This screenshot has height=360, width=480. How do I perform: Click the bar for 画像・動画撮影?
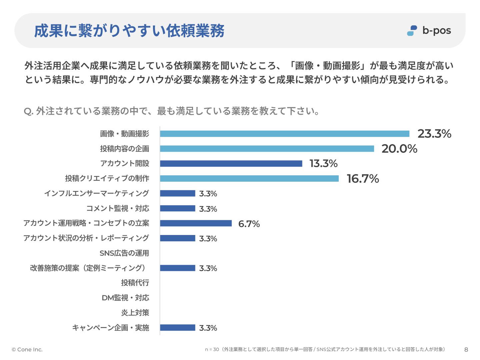pos(284,134)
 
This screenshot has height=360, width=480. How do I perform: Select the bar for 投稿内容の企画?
pos(267,149)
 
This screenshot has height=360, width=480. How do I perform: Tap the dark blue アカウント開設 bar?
pos(231,163)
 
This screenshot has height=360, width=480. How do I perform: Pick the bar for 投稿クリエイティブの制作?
pos(249,178)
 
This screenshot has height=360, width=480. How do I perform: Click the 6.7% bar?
pos(196,223)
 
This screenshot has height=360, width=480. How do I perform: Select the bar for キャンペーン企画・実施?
pos(177,328)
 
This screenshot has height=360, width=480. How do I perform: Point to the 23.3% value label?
pos(434,134)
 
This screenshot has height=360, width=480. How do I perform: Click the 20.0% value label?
pos(399,149)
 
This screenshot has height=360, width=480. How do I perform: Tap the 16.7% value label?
pos(363,179)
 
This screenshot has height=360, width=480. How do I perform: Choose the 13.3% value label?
pos(323,163)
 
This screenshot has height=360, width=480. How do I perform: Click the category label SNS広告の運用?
pos(124,253)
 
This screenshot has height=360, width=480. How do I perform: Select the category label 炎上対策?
pos(135,313)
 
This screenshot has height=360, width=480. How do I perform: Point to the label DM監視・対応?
pos(125,298)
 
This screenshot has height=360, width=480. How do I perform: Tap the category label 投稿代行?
pos(135,283)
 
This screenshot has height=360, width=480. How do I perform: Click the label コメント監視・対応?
pos(118,208)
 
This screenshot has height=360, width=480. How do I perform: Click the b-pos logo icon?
pos(412,31)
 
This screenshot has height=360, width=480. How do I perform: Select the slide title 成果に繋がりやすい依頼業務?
pos(129,31)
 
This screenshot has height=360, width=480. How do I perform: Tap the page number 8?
pos(466,350)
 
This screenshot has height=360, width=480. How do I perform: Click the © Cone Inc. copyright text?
pos(27,350)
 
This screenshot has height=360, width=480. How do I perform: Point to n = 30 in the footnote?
pos(212,349)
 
